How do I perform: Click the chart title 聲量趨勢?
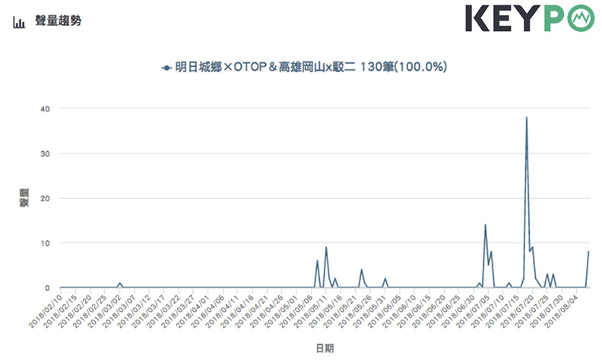[59, 21]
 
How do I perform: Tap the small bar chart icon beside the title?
[19, 21]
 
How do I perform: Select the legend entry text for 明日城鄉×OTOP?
[311, 68]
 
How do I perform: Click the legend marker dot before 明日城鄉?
[166, 68]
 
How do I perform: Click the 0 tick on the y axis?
[47, 288]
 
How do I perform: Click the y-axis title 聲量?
[23, 198]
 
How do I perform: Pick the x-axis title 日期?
[323, 347]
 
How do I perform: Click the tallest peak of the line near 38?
[526, 118]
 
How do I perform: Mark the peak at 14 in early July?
[485, 225]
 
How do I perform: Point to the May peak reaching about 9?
[326, 248]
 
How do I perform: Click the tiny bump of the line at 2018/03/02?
[119, 283]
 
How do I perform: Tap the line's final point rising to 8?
[589, 252]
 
